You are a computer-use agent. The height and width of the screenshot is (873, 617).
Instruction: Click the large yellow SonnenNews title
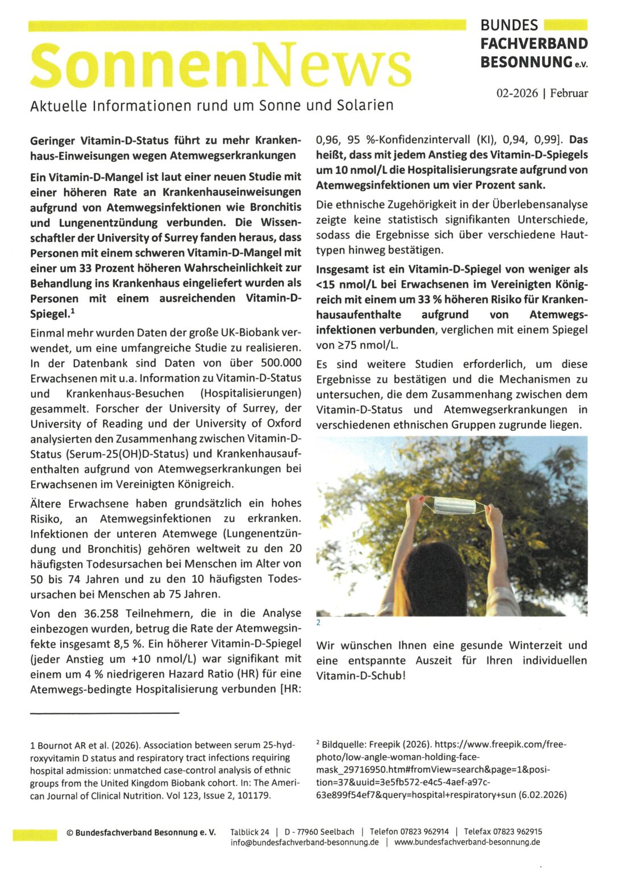(220, 66)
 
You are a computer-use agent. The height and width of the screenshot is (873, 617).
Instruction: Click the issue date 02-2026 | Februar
(542, 93)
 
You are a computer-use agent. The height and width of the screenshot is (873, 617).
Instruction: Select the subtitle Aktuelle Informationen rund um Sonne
(211, 106)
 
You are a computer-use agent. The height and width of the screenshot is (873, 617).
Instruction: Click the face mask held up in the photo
(454, 505)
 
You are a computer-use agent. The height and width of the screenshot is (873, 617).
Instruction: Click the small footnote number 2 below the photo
(318, 623)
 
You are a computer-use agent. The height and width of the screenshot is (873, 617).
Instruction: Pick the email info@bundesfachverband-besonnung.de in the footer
(305, 842)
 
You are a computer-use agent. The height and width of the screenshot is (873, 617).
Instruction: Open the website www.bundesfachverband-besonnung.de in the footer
(467, 842)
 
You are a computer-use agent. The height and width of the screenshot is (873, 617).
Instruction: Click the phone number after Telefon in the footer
(424, 832)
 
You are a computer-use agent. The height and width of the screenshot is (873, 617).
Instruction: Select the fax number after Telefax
(519, 832)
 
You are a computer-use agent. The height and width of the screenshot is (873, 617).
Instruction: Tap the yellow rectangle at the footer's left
(35, 835)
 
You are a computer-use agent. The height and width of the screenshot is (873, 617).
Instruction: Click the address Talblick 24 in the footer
(250, 832)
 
